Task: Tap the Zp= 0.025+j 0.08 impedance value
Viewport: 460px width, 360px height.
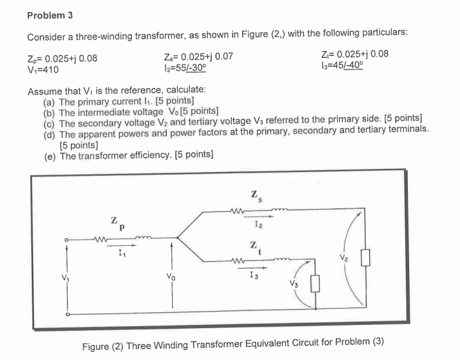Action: [x=62, y=58]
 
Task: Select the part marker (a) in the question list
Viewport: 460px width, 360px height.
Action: [x=50, y=101]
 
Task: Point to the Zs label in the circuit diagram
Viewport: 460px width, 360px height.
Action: [x=254, y=192]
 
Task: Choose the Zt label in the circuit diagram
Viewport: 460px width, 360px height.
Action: [x=254, y=245]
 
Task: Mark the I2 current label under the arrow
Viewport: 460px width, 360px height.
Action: [x=257, y=224]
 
